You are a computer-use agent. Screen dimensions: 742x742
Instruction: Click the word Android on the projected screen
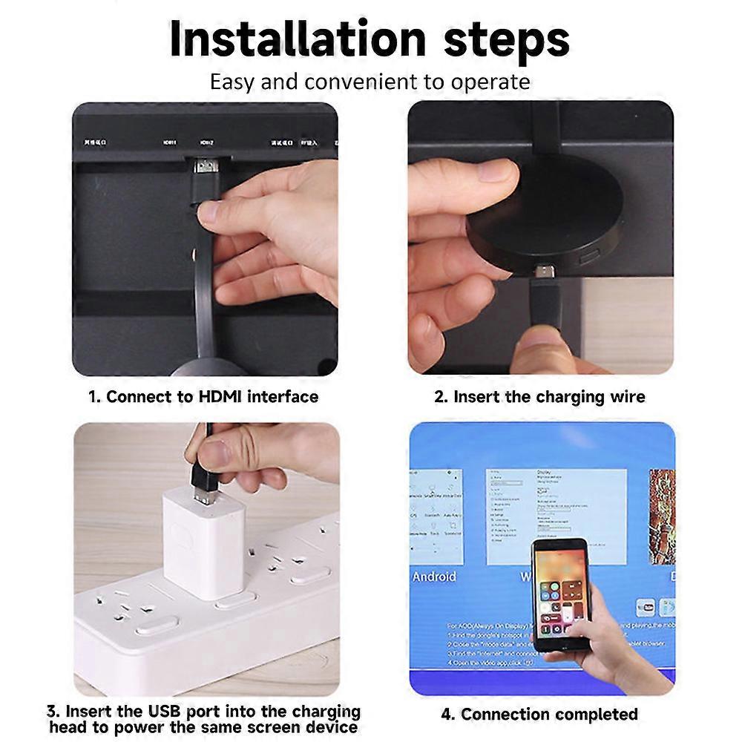click(435, 577)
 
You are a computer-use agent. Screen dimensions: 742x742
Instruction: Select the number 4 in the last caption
click(446, 715)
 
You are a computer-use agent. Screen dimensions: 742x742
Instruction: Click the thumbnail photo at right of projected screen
click(663, 516)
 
